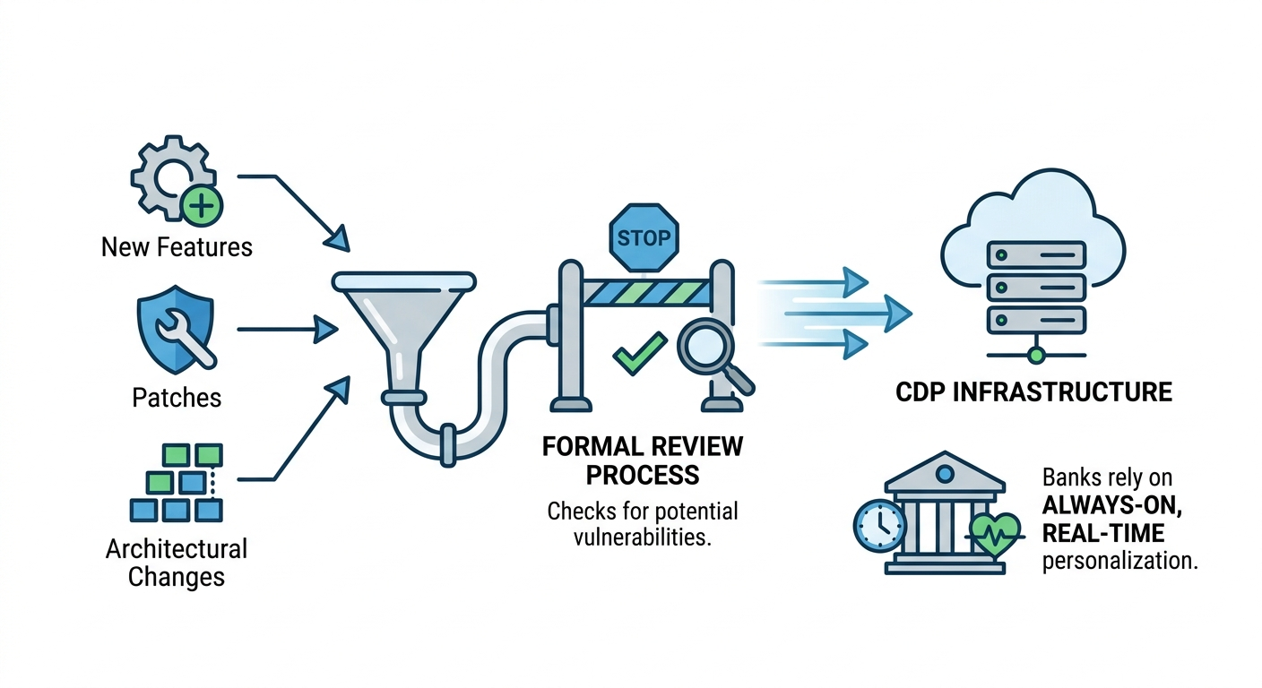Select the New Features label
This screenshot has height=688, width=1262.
click(x=177, y=246)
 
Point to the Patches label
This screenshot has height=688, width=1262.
click(x=177, y=397)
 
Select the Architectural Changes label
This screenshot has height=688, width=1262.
click(x=177, y=562)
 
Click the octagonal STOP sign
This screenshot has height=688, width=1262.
click(x=644, y=239)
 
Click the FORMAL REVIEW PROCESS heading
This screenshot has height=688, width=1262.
click(x=643, y=460)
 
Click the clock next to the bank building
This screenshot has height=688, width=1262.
click(x=877, y=525)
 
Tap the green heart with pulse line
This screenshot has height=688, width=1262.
click(x=994, y=535)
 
